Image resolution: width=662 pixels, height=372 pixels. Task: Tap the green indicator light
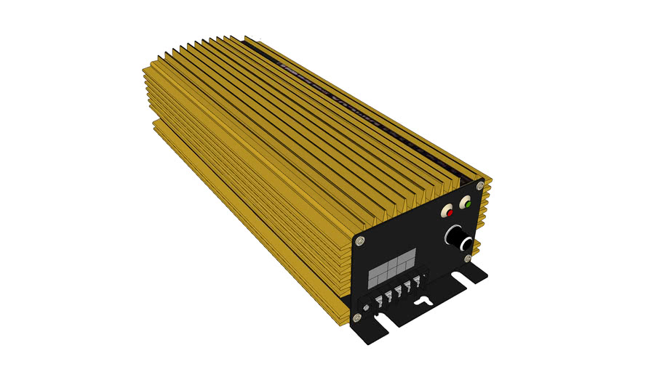pyautogui.click(x=468, y=205)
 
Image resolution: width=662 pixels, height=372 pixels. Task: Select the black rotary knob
pyautogui.click(x=458, y=240)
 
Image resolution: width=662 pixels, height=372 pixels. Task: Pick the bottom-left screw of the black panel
pyautogui.click(x=356, y=318)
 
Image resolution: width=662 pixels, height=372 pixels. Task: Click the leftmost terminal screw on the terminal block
pyautogui.click(x=378, y=304)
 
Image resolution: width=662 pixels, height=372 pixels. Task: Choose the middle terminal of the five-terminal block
pyautogui.click(x=399, y=293)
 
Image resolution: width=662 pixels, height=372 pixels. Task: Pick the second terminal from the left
pyautogui.click(x=388, y=298)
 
